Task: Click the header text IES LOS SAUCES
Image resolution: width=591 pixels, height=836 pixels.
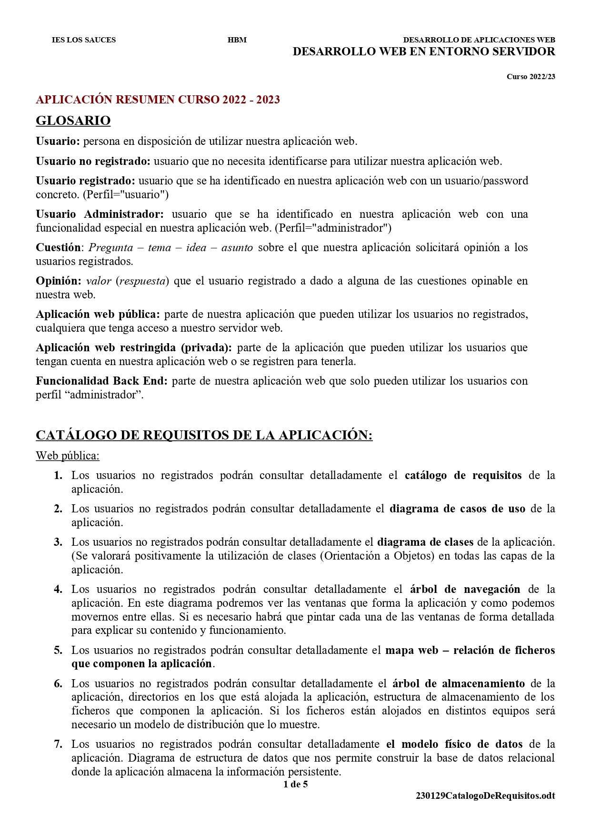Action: tap(84, 40)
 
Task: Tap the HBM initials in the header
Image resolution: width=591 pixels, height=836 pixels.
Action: tap(237, 40)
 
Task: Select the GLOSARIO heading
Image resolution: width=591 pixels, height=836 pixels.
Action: tap(73, 121)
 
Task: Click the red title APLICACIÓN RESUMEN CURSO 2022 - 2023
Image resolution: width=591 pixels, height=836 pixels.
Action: tap(158, 100)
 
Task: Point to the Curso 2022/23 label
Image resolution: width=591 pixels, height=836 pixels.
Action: tap(531, 77)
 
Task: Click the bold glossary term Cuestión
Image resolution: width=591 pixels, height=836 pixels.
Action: tap(58, 247)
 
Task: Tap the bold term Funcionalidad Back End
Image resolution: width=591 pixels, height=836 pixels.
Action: tap(101, 381)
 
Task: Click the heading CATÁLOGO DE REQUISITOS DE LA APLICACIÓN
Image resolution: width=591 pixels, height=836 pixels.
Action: tap(204, 435)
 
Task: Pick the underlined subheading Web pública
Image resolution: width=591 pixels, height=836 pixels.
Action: tap(67, 456)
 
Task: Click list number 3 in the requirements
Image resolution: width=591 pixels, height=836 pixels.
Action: tap(58, 542)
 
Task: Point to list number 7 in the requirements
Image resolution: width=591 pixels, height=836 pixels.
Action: tap(58, 744)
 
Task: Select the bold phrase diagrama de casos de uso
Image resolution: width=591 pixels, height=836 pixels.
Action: tap(457, 509)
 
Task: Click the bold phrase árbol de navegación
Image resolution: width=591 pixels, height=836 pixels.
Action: tap(465, 589)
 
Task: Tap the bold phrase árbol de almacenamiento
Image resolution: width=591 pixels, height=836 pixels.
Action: tap(459, 683)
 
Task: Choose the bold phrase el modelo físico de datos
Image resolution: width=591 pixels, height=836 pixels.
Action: tap(454, 744)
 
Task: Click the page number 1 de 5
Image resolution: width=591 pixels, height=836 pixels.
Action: tap(295, 784)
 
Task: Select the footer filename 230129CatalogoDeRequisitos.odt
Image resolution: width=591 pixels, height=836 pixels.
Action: tap(485, 795)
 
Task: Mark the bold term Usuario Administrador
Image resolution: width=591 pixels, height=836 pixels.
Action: tap(100, 214)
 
